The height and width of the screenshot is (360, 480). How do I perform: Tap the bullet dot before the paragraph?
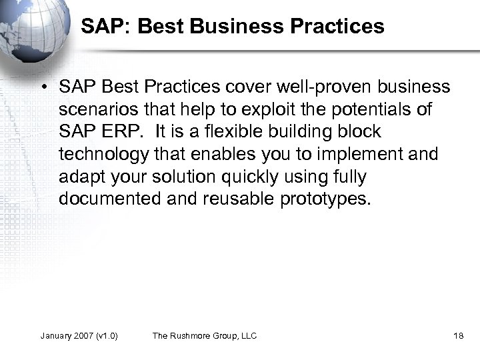tap(44, 88)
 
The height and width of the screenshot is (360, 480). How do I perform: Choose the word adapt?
tap(79, 177)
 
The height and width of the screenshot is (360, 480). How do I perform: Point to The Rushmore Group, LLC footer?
tap(205, 335)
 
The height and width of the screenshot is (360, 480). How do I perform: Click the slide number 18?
tap(458, 335)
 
